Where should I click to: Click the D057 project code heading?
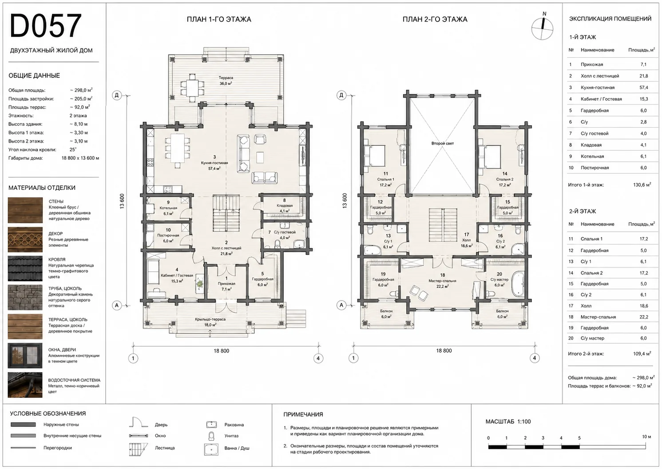46,26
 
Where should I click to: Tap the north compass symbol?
542,28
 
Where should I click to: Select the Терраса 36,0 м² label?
226,80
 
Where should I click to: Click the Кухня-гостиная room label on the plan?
214,163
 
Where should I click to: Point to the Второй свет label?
442,143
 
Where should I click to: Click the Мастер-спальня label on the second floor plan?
442,281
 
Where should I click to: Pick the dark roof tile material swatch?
25,269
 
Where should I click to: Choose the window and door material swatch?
25,355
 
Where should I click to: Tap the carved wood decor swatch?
25,239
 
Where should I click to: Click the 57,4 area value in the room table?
644,88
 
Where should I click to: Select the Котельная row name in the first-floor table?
592,156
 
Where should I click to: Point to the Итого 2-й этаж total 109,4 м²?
610,353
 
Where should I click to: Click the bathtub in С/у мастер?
518,285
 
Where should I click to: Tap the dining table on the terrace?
192,88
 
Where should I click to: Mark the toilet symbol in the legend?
211,436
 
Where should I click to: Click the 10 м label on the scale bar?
646,437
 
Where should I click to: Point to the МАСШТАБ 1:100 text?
508,421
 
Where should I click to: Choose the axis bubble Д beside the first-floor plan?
117,95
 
